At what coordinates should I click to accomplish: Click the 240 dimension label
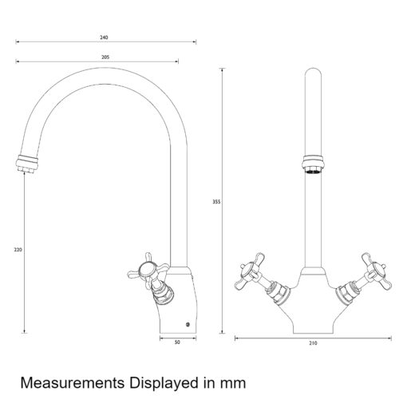click(104, 38)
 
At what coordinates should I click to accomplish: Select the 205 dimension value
click(105, 57)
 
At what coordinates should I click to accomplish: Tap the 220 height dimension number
click(18, 250)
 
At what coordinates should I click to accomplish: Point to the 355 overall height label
click(216, 202)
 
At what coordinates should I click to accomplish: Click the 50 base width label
click(177, 342)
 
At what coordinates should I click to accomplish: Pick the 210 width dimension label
click(313, 343)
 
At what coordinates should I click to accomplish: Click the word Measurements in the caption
click(73, 383)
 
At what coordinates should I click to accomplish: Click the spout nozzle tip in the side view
click(27, 164)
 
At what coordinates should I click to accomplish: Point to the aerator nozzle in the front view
click(313, 164)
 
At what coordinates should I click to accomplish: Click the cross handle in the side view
click(148, 271)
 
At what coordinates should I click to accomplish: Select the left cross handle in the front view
click(249, 272)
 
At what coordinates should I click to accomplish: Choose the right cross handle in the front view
click(377, 271)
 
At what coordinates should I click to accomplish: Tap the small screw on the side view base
click(188, 324)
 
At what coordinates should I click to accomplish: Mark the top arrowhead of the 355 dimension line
click(222, 70)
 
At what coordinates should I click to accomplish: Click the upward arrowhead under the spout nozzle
click(24, 174)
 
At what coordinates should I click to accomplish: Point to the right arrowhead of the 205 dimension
click(176, 61)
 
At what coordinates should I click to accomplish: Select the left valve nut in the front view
click(278, 293)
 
